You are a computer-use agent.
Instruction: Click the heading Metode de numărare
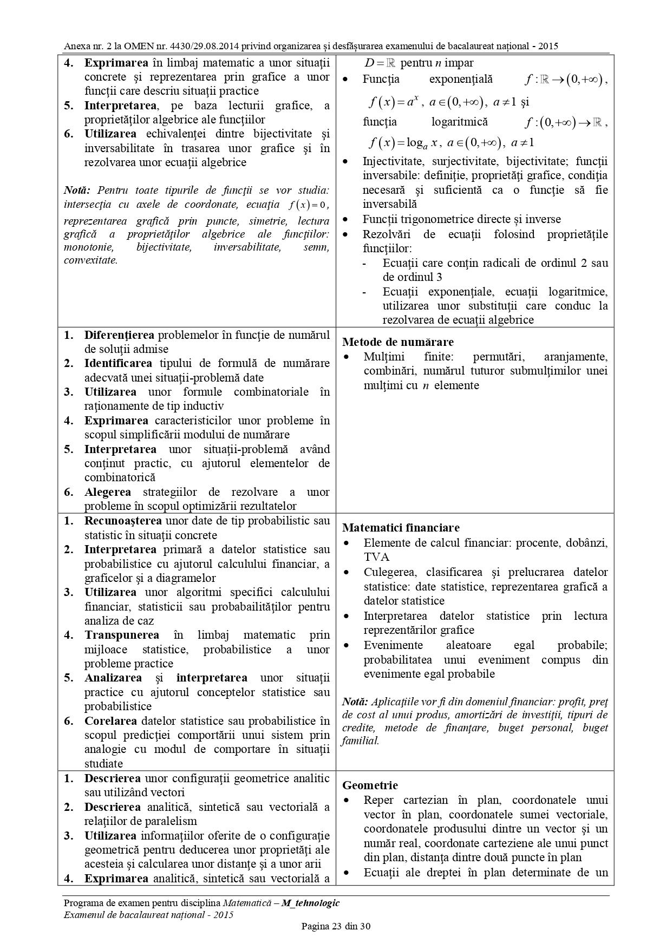coord(398,342)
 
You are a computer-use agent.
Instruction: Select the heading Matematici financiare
coord(401,528)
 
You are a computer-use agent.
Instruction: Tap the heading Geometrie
coord(370,785)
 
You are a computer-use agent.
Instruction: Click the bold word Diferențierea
coord(119,335)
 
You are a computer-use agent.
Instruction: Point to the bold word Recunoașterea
coord(123,521)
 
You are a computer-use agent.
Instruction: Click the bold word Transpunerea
coord(122,635)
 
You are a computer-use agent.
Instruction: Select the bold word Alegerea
coord(108,492)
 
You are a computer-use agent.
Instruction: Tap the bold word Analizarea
coord(113,678)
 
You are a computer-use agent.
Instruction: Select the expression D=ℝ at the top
coord(380,63)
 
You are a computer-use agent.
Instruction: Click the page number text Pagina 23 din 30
coord(336,926)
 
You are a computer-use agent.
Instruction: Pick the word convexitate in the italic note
coord(90,260)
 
